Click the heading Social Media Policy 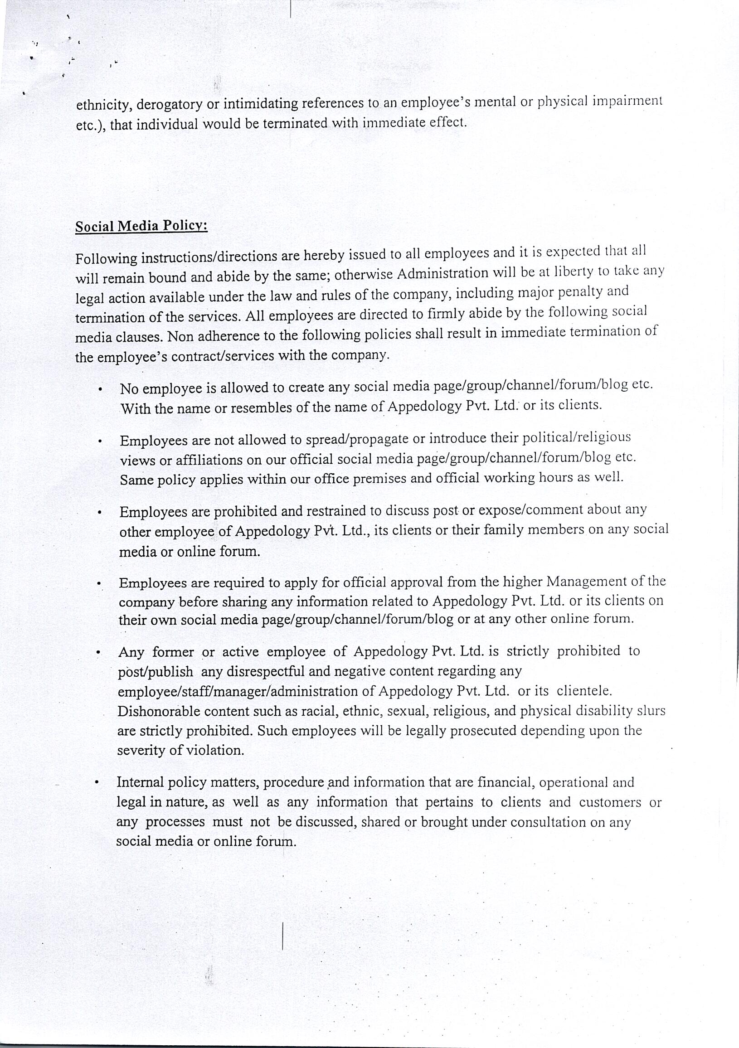[x=141, y=227]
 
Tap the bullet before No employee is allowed [x=99, y=390]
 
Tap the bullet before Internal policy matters [x=97, y=783]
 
